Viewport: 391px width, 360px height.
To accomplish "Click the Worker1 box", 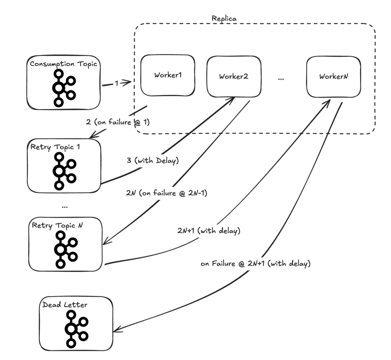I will coord(168,75).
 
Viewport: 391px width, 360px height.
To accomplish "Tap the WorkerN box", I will coord(334,76).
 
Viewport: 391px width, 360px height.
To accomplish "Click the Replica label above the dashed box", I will coord(224,18).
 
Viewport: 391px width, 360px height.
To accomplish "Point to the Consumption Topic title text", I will coord(63,64).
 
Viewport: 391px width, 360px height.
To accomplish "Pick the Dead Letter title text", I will coord(65,305).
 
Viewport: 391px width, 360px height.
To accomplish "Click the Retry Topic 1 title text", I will coord(56,147).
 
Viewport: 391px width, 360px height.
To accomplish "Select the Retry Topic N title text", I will coord(58,225).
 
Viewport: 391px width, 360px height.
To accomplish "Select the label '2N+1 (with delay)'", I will coord(208,231).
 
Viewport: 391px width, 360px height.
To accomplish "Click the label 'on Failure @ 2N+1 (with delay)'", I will coord(255,263).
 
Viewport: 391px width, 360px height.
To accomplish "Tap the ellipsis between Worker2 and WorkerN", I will coord(281,78).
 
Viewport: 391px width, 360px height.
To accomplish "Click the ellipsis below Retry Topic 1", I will coord(64,206).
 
